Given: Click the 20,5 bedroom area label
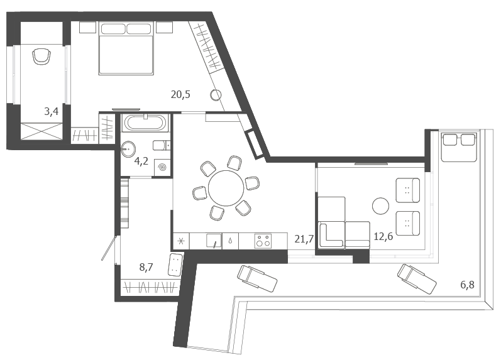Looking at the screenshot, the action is click(x=180, y=94).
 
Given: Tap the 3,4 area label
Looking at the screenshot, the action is click(x=51, y=111).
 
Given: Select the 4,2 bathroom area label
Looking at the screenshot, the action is click(x=141, y=161).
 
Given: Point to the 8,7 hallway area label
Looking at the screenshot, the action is click(x=146, y=267).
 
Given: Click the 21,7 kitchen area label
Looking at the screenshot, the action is click(x=304, y=239).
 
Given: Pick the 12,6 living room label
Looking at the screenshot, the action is click(x=383, y=237).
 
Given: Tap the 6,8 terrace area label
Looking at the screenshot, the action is click(x=467, y=285).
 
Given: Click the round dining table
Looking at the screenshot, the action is click(x=226, y=188).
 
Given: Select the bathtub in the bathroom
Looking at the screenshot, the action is click(x=145, y=123).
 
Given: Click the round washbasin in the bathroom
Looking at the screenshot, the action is click(x=128, y=149).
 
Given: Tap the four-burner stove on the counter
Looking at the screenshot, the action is click(x=263, y=241).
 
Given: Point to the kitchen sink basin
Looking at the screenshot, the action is click(x=214, y=241).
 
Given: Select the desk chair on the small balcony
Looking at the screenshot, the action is click(x=41, y=57).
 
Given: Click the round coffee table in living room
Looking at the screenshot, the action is click(x=380, y=206).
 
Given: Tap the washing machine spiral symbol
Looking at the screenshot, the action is click(x=162, y=167).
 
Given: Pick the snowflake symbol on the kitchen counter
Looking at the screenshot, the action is click(x=181, y=241).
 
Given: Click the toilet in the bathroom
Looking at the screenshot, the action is click(x=162, y=146).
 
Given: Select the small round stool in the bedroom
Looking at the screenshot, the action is click(x=216, y=94).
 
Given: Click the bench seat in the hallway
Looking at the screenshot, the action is click(x=175, y=265).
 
